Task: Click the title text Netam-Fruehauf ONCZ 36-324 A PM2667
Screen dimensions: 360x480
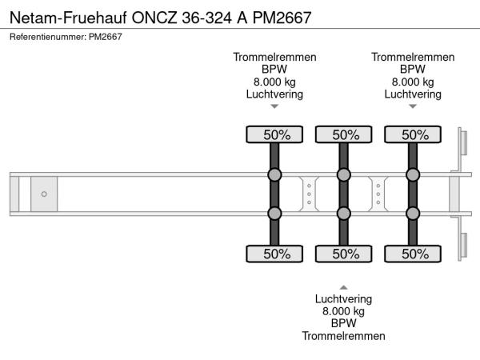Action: coord(160,16)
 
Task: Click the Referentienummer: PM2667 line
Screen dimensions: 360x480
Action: coord(66,38)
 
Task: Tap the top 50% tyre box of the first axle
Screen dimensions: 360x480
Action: coord(274,134)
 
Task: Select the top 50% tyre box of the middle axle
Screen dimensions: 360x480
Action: coord(343,134)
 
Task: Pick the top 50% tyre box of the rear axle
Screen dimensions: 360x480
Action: coord(413,134)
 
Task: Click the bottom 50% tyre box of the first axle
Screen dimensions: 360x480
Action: coord(274,254)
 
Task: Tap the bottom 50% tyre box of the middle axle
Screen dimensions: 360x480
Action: coord(343,254)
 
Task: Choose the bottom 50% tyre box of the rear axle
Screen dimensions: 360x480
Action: coord(413,254)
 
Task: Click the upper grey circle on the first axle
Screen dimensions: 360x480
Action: coord(274,175)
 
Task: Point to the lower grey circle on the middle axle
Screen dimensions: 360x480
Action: coord(343,213)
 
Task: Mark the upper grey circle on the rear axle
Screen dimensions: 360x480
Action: coord(413,175)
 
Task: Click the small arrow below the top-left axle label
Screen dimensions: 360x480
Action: coord(274,106)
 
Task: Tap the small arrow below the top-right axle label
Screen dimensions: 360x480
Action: coord(413,106)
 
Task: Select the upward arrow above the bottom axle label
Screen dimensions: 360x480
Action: coord(343,286)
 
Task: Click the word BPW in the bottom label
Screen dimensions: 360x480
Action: coord(343,323)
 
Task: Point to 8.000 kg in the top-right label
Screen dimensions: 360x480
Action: coord(413,82)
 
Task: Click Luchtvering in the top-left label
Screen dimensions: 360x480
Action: coord(274,94)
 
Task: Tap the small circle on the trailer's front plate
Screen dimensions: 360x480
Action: coord(44,194)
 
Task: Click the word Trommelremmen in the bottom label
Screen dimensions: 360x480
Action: coord(343,336)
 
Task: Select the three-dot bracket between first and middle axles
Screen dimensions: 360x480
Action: coord(309,194)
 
